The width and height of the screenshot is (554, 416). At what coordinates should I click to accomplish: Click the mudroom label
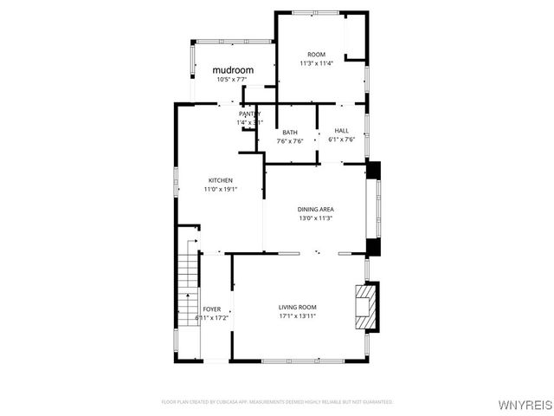coord(233,69)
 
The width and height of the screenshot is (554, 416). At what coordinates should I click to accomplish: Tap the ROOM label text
coord(316,54)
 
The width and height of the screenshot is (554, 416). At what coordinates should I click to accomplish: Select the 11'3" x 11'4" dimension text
coord(316,62)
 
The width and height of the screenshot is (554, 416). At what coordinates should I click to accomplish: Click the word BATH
coord(290,132)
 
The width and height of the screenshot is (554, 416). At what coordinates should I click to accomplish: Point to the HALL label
coord(341,132)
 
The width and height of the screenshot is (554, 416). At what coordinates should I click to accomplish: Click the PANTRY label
coord(249,114)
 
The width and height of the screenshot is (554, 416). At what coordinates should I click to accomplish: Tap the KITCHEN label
coord(220,180)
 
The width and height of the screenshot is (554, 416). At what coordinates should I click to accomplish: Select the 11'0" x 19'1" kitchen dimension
coord(220,189)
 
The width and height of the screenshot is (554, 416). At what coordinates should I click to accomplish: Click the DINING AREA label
coord(316,209)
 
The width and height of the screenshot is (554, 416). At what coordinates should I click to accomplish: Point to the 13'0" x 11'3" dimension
coord(316,218)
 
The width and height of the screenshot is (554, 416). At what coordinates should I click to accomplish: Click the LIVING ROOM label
coord(297,308)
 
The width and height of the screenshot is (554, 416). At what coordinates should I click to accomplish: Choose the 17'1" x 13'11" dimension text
coord(297,316)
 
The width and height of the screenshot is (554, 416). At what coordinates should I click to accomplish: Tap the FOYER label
coord(211,309)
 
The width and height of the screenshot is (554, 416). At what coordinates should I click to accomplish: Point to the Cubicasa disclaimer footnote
coord(277,402)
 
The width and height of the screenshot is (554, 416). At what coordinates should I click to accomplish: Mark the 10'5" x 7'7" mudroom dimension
coord(233,80)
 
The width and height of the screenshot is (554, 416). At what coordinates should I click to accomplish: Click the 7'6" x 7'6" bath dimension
coord(290,141)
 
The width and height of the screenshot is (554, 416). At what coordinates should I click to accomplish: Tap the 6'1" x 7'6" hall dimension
coord(341,140)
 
